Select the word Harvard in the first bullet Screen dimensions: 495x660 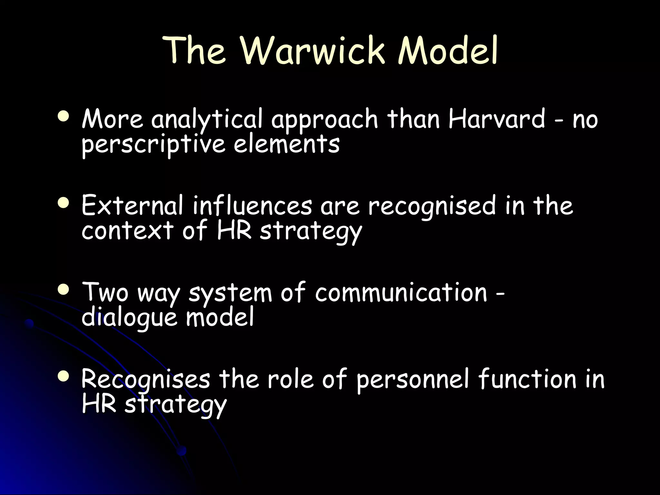pos(497,119)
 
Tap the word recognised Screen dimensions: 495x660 pos(432,207)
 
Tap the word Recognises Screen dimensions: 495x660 pos(146,379)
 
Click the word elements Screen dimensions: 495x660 pos(286,144)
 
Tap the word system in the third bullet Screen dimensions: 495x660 pos(230,293)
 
